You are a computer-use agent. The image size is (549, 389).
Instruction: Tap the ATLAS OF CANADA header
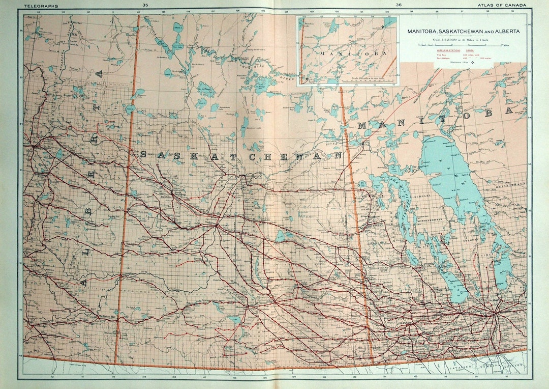pos(499,5)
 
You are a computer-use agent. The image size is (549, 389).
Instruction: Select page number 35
pos(145,5)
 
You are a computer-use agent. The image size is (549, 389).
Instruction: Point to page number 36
pos(398,5)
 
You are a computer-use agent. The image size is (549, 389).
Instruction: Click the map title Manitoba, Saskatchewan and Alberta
pos(463,32)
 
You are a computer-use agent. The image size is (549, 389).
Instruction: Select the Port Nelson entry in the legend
pos(443,59)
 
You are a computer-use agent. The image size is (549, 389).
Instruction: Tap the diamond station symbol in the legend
pos(474,63)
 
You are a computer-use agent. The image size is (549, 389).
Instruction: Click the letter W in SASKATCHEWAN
pos(299,156)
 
